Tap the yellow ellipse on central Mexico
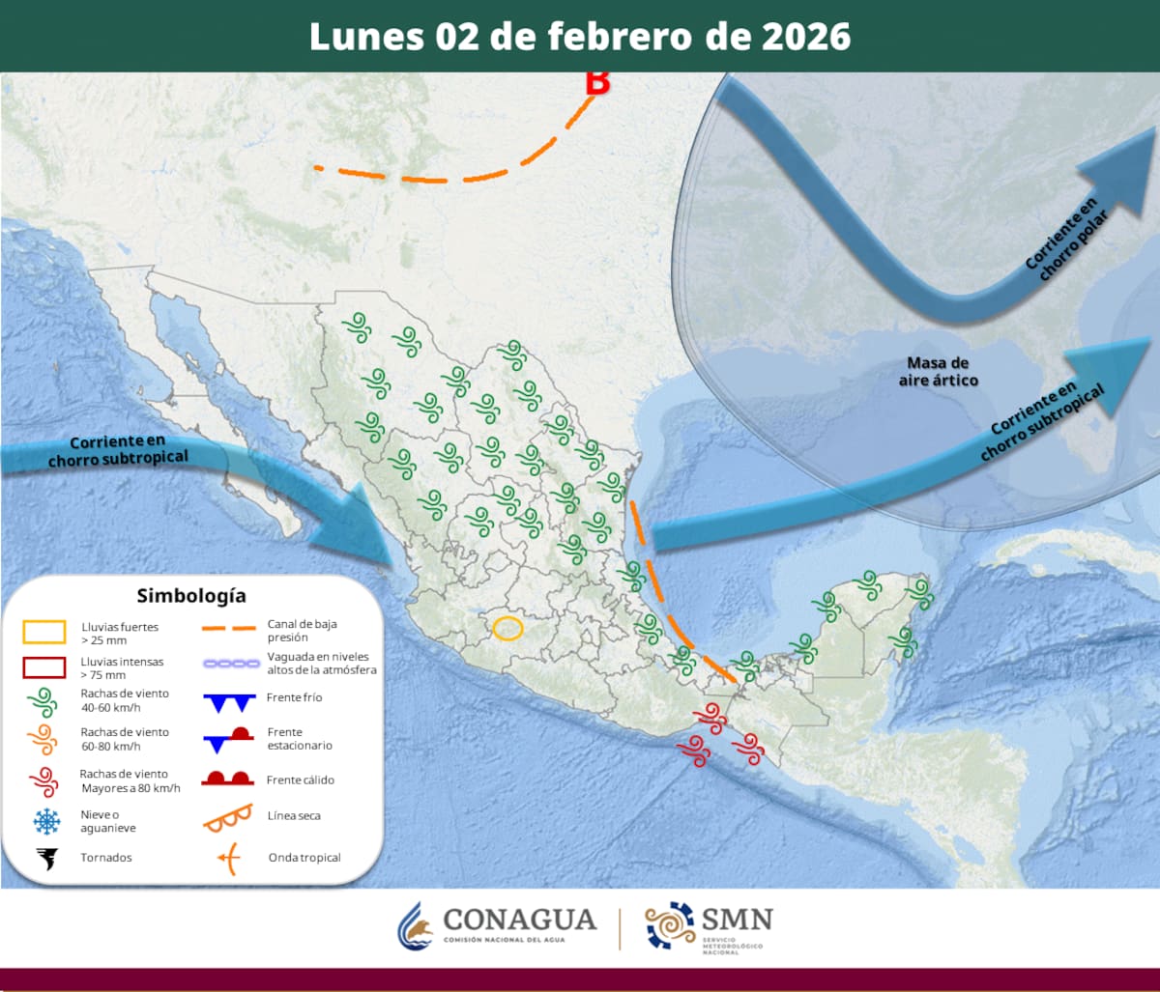(507, 628)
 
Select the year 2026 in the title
(805, 37)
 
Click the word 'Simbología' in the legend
(191, 595)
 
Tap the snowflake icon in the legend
(45, 822)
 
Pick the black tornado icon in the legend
(45, 858)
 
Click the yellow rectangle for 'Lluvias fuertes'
(44, 633)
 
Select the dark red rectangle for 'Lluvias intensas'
(44, 667)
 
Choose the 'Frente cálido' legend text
(300, 779)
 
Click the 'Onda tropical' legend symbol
(228, 858)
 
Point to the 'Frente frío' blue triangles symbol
(229, 701)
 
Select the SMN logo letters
(738, 919)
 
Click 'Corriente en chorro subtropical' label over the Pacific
(117, 450)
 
